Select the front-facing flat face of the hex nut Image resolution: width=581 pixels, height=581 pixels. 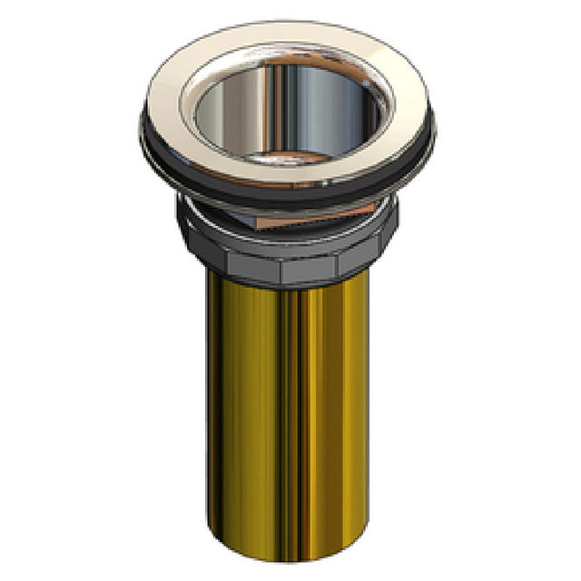pos(309,268)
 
